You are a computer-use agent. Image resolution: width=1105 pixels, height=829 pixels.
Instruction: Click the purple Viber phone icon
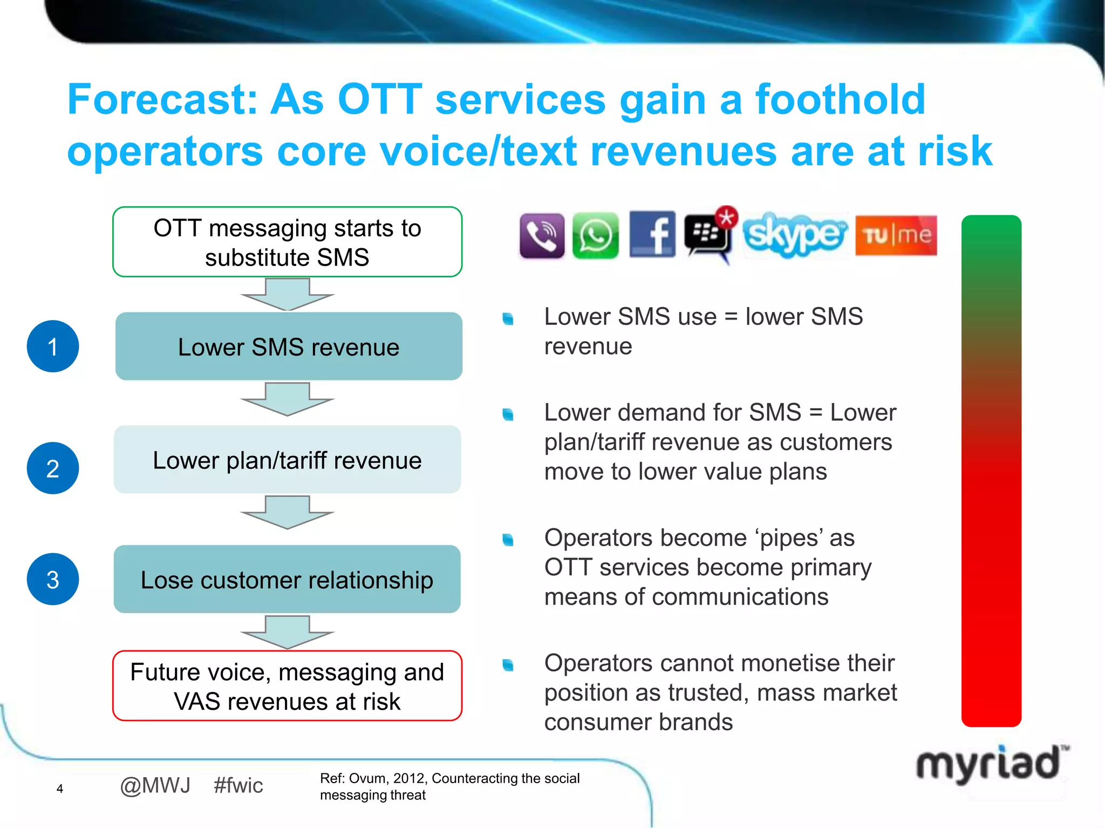point(542,236)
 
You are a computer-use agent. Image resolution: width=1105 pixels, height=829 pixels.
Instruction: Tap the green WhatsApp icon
point(596,236)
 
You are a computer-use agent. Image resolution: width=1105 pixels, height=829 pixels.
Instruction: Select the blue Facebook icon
point(652,234)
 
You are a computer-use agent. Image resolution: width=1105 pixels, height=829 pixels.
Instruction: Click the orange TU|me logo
point(896,235)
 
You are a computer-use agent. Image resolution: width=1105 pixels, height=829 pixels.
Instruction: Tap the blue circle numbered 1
point(53,346)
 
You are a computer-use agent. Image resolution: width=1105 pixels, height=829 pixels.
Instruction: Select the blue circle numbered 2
point(53,468)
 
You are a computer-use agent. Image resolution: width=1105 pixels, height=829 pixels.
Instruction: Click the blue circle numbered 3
point(53,579)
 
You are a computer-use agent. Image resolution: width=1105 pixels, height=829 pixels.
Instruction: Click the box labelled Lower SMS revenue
point(289,346)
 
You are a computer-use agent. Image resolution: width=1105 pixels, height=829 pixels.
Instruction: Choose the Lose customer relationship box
point(287,579)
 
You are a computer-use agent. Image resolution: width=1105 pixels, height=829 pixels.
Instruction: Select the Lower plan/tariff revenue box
point(287,460)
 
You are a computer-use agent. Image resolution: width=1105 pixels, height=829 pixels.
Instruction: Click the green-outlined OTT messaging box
point(287,242)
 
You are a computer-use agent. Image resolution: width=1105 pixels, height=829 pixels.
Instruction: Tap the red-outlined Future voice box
point(287,686)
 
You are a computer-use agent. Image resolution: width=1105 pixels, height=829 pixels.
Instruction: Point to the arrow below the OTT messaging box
point(288,295)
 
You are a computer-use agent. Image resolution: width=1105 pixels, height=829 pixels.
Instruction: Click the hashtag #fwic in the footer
point(238,785)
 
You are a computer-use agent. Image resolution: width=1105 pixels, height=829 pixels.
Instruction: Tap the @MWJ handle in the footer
point(155,785)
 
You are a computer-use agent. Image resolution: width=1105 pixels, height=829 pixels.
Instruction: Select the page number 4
point(60,789)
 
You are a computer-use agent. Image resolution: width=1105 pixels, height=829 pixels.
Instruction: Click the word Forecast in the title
point(162,100)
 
